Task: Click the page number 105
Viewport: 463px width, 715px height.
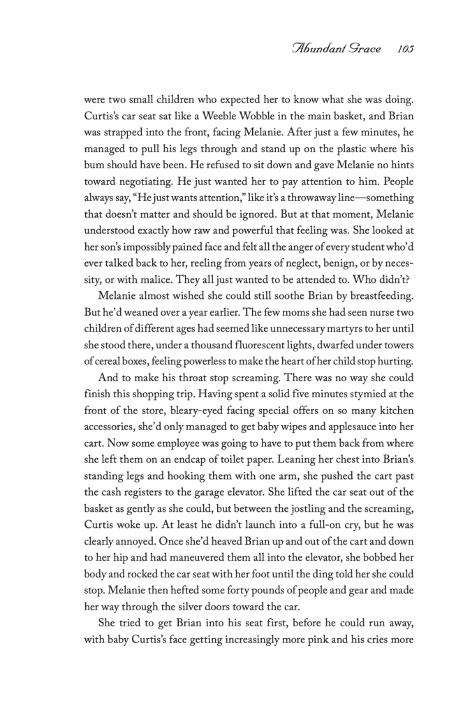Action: click(405, 50)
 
